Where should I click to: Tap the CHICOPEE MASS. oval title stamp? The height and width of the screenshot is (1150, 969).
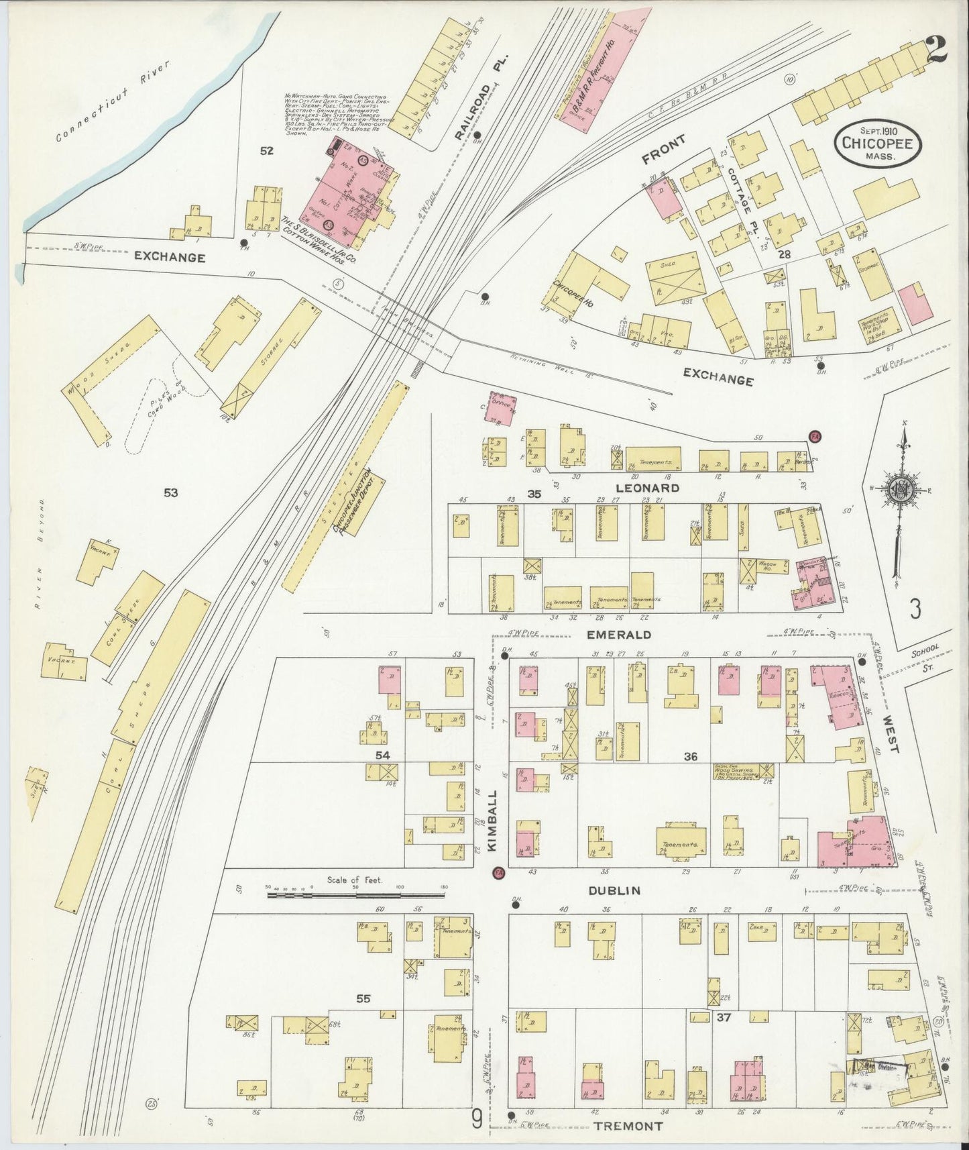coord(878,141)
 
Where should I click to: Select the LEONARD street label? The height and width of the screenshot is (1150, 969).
coord(650,488)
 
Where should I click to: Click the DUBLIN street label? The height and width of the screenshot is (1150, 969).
coord(614,890)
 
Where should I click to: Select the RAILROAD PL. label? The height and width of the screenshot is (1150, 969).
coord(479,98)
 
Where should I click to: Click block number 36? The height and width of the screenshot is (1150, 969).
coord(691,756)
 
